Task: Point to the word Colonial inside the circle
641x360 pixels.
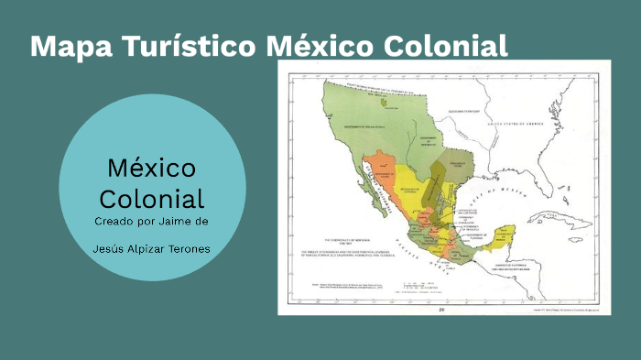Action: point(152,198)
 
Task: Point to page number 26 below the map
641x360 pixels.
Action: point(442,309)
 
